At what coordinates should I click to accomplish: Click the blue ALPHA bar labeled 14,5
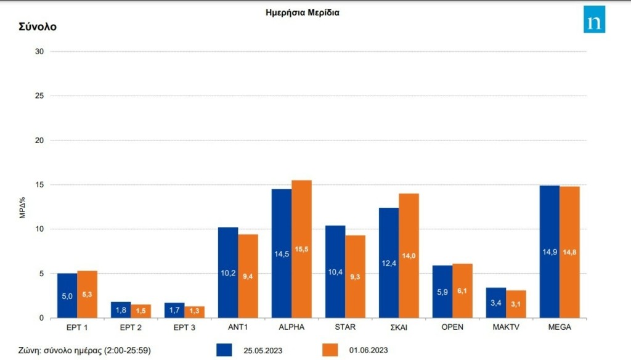(x=282, y=253)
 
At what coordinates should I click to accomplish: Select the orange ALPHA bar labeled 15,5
(x=302, y=249)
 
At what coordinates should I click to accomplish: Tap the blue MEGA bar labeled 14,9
(x=550, y=252)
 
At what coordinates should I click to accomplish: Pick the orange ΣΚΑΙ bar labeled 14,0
(x=409, y=256)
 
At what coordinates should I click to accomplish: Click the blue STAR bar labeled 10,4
(x=335, y=272)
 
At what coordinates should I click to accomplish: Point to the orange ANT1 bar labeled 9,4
(x=248, y=276)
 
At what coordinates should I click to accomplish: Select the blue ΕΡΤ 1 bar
(x=67, y=296)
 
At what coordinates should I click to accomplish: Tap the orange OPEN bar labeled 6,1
(x=463, y=291)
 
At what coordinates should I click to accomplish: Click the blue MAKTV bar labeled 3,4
(x=496, y=303)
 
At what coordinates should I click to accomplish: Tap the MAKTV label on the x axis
(x=506, y=327)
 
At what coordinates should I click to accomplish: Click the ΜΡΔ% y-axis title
(x=22, y=207)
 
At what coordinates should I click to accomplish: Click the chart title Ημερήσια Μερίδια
(x=302, y=12)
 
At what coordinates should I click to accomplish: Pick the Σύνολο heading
(x=39, y=27)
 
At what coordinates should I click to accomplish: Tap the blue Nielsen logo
(x=594, y=20)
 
